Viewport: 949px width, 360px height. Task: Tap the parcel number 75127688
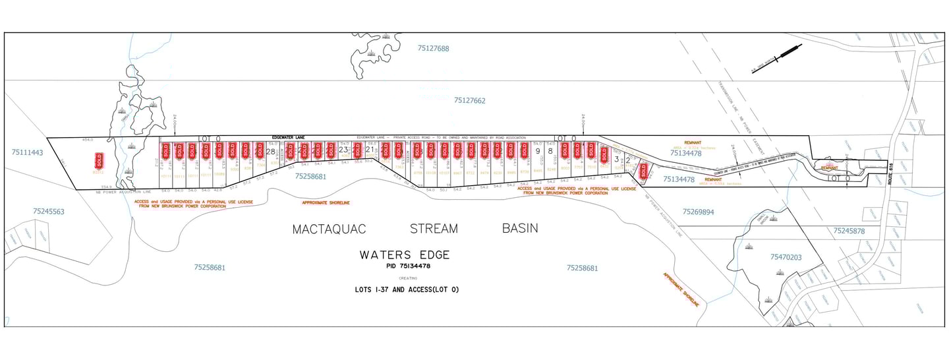coord(433,48)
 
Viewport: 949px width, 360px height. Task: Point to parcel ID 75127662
coord(469,101)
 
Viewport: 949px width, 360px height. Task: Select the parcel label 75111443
coord(27,152)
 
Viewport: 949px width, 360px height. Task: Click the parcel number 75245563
coord(48,212)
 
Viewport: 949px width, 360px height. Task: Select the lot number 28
coord(270,152)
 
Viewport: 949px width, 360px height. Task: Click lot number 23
coord(343,150)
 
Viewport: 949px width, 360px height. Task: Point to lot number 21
coord(370,150)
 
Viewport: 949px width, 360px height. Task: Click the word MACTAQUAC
coord(329,229)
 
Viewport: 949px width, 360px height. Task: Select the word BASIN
coord(519,228)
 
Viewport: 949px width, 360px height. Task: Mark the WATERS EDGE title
coord(404,255)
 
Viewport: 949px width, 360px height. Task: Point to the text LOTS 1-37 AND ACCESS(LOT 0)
coord(406,289)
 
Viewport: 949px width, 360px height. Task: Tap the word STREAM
coord(433,229)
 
